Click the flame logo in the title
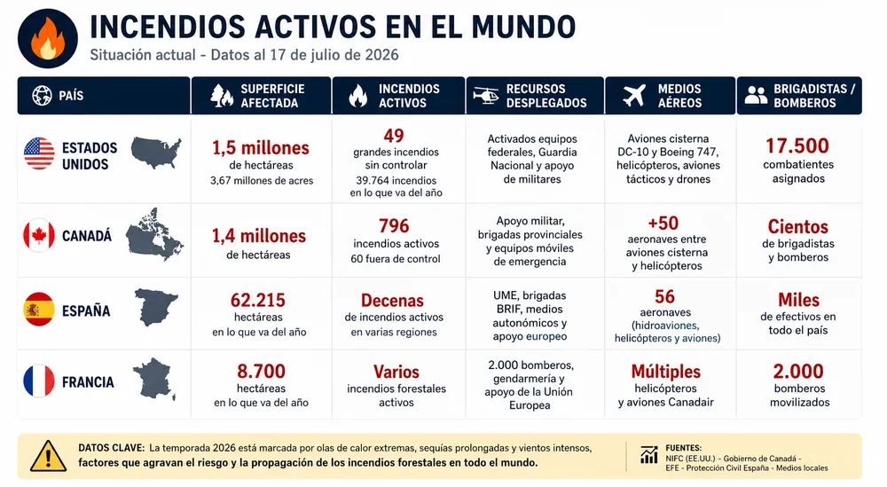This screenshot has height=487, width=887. coord(48,38)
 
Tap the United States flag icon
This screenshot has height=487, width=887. coord(39,153)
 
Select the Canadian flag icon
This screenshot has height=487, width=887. coord(39,235)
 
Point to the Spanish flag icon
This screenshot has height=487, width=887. coord(39,310)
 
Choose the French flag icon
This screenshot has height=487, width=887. coord(39,381)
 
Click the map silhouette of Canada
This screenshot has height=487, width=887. coord(154,234)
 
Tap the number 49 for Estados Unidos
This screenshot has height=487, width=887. coord(394,136)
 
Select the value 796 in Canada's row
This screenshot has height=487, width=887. coord(394,225)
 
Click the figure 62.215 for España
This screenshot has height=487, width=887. coord(258,300)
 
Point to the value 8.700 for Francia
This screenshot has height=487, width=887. coord(261,371)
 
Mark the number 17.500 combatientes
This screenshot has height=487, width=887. coord(797,146)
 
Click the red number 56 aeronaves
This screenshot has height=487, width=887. coord(664,296)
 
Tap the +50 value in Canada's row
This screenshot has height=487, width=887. coord(663,223)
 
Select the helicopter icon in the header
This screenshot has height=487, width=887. coord(485,95)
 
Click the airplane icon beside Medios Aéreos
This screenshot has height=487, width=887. coord(634,95)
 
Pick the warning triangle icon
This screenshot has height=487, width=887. coord(48,456)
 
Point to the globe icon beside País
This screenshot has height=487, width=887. coord(42,96)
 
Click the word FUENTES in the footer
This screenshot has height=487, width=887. coord(683,448)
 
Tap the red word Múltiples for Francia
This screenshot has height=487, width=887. coord(666,372)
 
